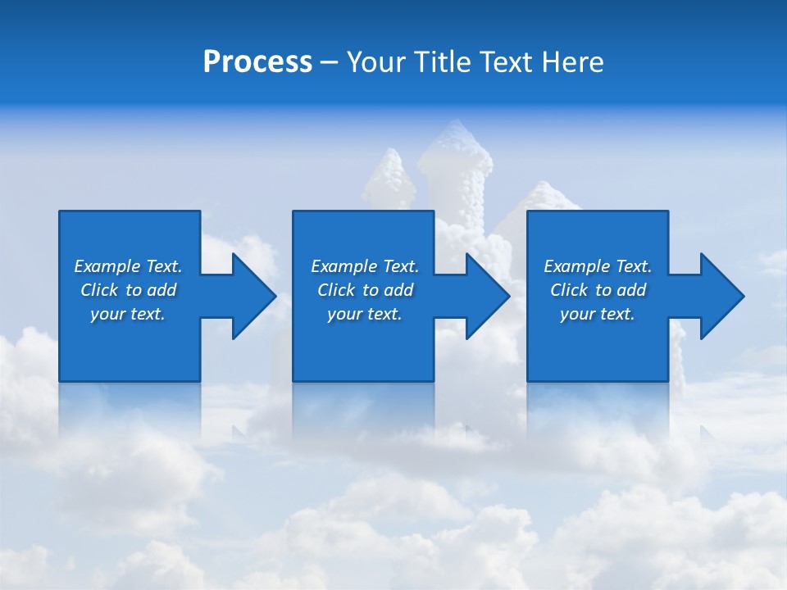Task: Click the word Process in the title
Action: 257,62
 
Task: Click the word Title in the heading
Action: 444,62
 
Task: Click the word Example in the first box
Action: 107,266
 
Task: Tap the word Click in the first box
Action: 99,290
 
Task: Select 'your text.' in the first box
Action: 128,314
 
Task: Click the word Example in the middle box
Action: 343,266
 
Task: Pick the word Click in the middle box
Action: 336,290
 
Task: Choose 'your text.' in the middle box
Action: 365,314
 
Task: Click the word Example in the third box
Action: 576,266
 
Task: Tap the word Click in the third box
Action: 569,290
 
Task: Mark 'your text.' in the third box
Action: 598,314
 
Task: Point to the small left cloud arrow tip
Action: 390,160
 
